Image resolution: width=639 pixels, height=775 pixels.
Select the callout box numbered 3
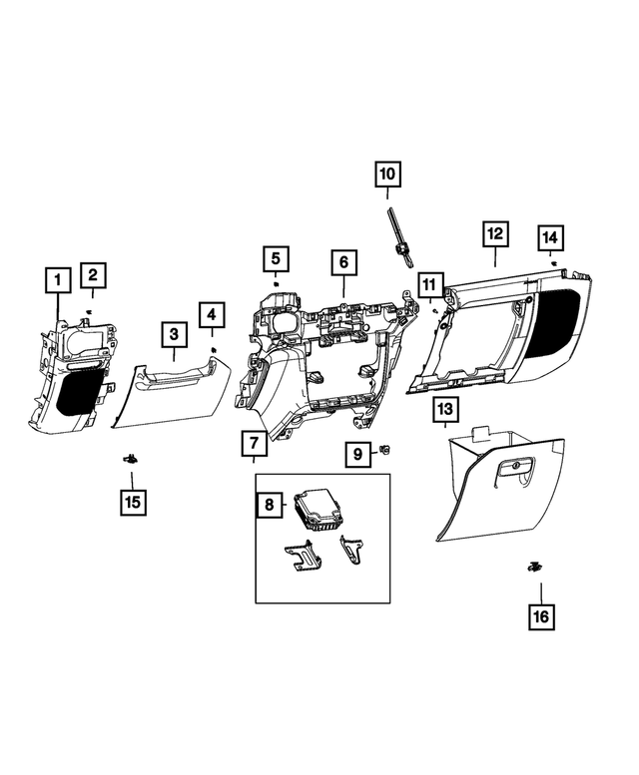174,335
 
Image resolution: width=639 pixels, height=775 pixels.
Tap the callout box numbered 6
342,263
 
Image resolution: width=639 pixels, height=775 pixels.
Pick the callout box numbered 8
269,506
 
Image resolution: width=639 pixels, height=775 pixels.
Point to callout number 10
387,175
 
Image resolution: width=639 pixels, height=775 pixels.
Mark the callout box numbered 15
132,501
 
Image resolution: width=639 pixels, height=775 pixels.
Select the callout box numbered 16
540,616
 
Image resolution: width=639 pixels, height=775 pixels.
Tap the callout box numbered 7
255,442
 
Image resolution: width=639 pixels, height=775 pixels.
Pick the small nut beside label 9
385,452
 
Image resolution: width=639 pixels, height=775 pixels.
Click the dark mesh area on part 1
80,390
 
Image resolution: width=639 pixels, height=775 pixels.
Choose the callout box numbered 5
277,260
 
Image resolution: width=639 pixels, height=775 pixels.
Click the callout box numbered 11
429,287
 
